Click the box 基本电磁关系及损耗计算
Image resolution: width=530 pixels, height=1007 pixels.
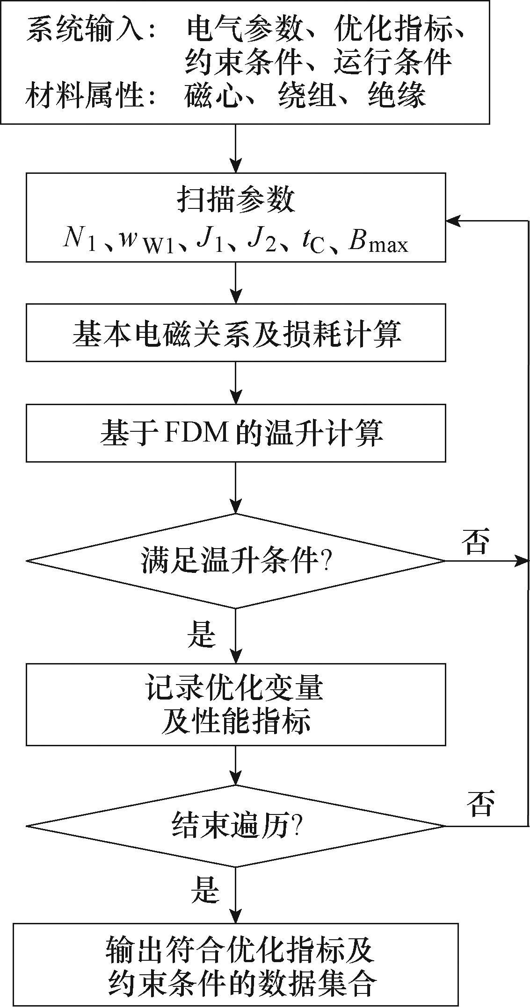point(236,333)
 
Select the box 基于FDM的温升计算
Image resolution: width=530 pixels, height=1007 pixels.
point(236,433)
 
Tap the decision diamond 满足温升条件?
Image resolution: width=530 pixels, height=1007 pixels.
point(236,560)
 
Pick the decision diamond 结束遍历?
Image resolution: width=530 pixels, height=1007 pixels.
point(236,825)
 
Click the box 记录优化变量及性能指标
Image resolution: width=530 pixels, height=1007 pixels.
point(236,704)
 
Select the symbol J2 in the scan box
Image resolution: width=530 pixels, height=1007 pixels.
point(262,240)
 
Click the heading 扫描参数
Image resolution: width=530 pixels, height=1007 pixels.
point(236,201)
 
